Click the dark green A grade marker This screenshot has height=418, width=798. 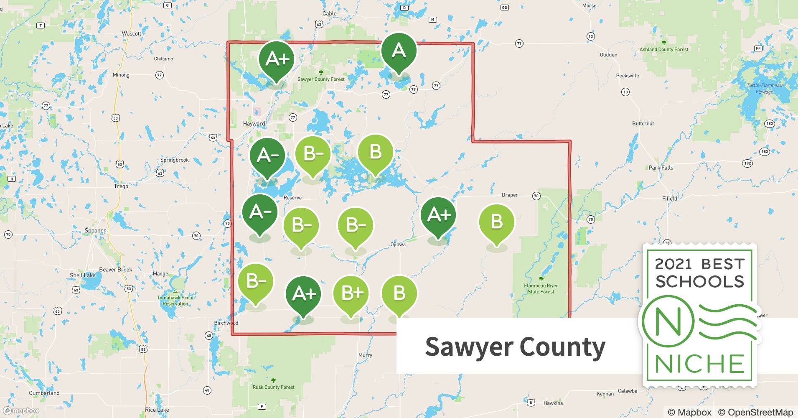tap(399, 52)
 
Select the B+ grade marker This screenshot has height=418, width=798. tap(351, 294)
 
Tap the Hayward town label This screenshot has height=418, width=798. tap(254, 124)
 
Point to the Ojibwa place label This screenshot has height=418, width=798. tap(398, 245)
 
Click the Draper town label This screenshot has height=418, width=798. tap(510, 195)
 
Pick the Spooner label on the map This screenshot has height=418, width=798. tap(95, 231)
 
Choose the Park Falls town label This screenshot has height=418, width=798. tap(661, 168)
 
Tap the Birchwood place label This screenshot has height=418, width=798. tap(226, 323)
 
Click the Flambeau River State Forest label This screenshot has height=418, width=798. tap(541, 289)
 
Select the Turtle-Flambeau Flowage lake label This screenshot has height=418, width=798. tap(765, 89)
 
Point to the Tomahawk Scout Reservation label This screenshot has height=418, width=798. tap(175, 301)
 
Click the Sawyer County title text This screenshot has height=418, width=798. tap(515, 347)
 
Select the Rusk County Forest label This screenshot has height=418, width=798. tap(274, 387)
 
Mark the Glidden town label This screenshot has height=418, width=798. tap(608, 55)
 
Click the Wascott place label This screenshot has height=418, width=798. tap(132, 33)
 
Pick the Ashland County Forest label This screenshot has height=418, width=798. tap(664, 49)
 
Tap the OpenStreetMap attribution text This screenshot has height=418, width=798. tap(755, 412)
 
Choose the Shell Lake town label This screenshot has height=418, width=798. tap(83, 275)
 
